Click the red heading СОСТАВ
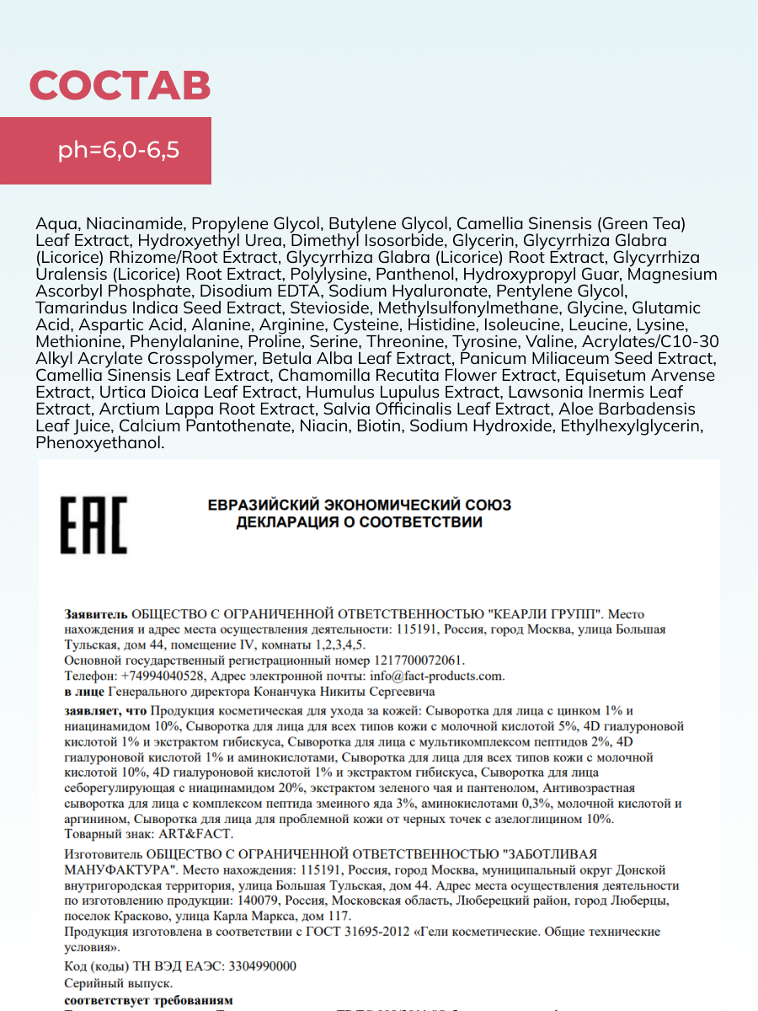point(120,86)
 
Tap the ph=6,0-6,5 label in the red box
point(119,151)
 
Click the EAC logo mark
point(93,525)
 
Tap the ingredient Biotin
point(379,426)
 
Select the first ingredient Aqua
point(54,224)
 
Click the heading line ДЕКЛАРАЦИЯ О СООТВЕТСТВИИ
point(360,522)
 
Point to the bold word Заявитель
point(96,614)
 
